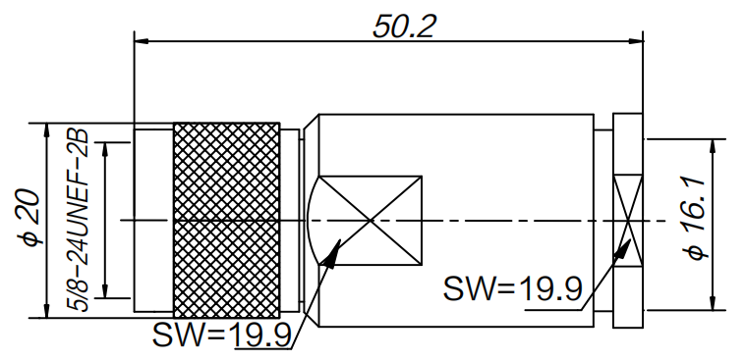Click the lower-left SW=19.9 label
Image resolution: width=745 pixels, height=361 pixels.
[x=222, y=335]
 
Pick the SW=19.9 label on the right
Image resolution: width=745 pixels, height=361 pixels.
[x=513, y=288]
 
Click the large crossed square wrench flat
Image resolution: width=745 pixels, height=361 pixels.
[x=371, y=221]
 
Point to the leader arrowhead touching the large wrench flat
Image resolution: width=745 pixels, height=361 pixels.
[x=333, y=254]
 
